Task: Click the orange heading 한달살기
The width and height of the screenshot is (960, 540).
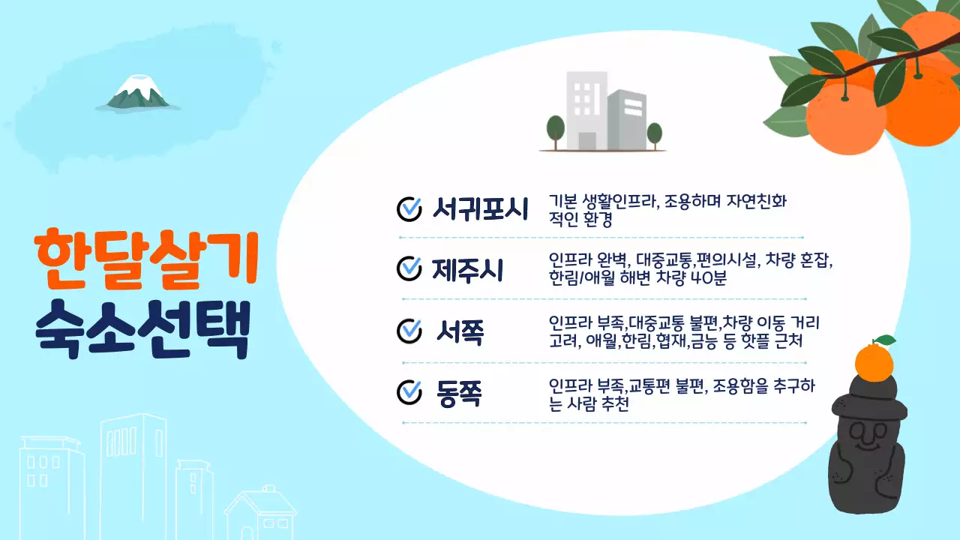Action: [x=147, y=257]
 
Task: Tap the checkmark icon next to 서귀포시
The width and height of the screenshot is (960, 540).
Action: [x=409, y=209]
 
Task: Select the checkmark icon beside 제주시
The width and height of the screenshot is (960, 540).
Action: [x=409, y=268]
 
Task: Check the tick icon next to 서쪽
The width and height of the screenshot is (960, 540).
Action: [x=409, y=330]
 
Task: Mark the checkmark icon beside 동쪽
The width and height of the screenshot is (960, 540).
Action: [x=409, y=391]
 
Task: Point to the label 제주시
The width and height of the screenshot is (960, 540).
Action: [x=467, y=269]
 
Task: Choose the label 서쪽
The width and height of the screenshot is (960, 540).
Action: [x=460, y=331]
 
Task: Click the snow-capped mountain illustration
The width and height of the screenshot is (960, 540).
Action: [x=138, y=92]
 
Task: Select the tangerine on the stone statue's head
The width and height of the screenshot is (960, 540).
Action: [x=874, y=361]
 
